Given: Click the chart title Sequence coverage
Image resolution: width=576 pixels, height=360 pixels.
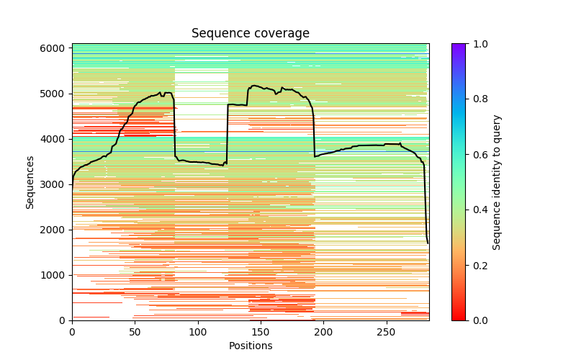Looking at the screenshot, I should point(251,34).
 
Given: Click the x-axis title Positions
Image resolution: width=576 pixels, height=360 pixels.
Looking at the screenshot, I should point(251,346).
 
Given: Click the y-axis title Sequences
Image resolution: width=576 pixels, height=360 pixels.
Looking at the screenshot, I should point(30,181).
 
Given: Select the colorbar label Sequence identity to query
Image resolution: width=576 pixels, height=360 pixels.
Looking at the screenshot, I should point(497,181).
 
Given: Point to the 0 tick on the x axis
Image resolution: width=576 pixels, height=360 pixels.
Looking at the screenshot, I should point(72,331).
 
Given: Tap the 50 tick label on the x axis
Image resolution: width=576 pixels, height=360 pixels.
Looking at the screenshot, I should point(135,331).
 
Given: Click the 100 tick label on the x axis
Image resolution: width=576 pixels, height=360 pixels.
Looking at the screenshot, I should point(198,331).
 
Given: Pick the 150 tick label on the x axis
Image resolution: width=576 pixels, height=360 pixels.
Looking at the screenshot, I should point(261,331).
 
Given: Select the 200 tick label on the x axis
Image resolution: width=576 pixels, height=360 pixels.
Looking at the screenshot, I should point(323,331).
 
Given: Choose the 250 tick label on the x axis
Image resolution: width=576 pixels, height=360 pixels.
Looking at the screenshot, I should point(387,331).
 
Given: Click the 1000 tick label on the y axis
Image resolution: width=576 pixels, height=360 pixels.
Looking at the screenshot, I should point(55,275).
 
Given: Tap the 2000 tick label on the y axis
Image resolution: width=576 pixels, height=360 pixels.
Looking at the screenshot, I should point(55,230).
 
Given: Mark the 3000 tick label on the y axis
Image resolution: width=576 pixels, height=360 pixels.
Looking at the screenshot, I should point(55,184).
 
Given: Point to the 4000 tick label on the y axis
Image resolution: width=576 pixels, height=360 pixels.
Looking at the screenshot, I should point(55,139).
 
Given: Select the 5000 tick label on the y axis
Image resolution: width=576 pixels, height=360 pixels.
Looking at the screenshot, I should point(55,94).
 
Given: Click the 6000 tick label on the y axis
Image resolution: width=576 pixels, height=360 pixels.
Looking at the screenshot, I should point(55,48).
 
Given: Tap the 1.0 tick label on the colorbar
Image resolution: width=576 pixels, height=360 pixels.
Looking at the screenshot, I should point(477,44).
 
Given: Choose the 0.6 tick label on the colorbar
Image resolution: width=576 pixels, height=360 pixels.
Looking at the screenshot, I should point(477,155).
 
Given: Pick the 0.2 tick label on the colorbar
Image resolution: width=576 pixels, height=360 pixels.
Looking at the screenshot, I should point(477,265).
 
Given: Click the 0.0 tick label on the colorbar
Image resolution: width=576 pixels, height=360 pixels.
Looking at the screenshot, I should point(477,320).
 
